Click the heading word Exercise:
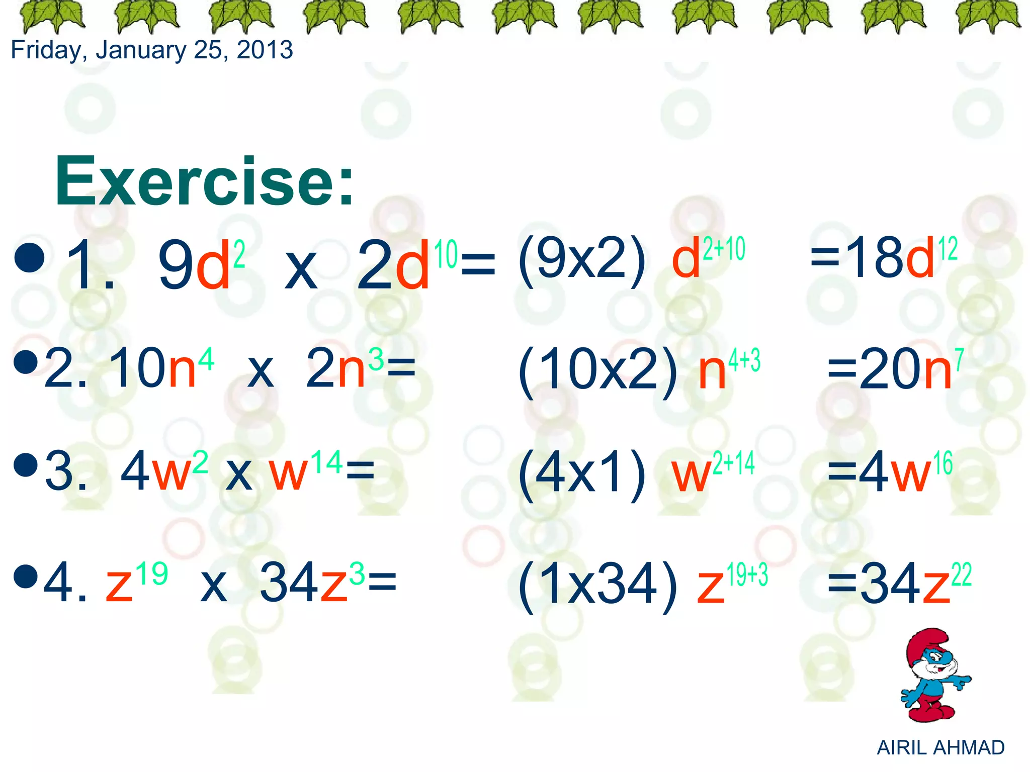coord(205,182)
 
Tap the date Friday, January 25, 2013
coord(151,50)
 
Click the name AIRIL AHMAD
coord(940,748)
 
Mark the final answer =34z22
coord(899,583)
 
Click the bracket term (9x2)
coord(582,260)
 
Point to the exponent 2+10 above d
coord(724,249)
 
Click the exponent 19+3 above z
coord(747,574)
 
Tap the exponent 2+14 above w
coord(734,463)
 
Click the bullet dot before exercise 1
coord(30,257)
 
